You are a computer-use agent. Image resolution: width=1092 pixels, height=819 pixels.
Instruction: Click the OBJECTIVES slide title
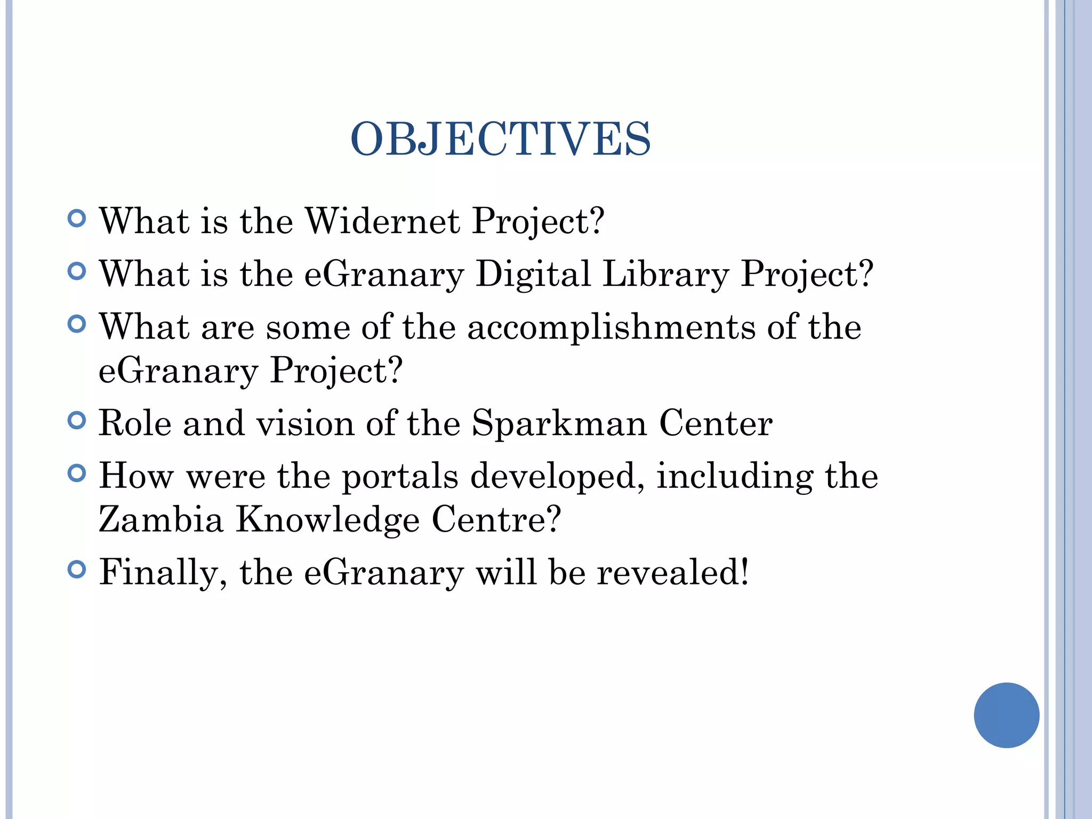click(500, 139)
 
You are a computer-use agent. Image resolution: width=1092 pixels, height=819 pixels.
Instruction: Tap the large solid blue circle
click(1006, 715)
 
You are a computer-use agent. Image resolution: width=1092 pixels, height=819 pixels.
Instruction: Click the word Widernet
click(382, 221)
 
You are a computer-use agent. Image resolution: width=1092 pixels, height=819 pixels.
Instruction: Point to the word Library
click(665, 275)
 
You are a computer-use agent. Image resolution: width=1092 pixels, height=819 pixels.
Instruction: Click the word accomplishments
click(611, 327)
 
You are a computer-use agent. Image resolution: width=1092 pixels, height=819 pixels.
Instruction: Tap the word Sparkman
click(559, 423)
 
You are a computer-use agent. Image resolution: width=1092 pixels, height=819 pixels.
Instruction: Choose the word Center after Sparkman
click(716, 423)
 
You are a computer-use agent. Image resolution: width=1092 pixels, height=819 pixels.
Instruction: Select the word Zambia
click(160, 519)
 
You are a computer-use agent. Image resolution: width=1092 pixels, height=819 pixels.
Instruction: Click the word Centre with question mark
click(496, 519)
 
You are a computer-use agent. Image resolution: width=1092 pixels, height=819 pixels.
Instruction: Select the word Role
click(135, 423)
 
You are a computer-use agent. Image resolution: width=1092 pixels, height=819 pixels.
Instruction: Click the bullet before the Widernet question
click(77, 219)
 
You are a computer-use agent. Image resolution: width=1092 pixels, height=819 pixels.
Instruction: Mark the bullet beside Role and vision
click(77, 421)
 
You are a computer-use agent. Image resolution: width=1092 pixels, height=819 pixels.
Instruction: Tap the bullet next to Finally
click(77, 570)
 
